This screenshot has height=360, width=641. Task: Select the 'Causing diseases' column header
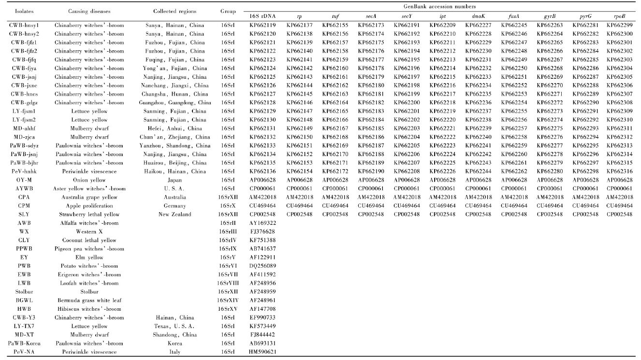[x=89, y=11]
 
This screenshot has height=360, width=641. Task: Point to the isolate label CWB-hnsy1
[x=24, y=25]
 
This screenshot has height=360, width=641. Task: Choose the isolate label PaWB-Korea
[x=24, y=343]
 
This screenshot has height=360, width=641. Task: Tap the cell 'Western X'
[x=89, y=231]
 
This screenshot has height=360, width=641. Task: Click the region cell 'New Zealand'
[x=175, y=214]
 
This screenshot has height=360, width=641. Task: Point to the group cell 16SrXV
[x=227, y=309]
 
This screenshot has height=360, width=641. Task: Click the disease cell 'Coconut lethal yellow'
[x=89, y=240]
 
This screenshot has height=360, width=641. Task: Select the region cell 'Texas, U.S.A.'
[x=175, y=326]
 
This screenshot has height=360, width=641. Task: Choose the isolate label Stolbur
[x=24, y=291]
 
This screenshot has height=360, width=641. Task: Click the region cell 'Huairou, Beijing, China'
[x=175, y=162]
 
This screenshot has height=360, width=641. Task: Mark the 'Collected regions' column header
[x=175, y=11]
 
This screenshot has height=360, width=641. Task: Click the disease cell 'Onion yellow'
[x=89, y=180]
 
